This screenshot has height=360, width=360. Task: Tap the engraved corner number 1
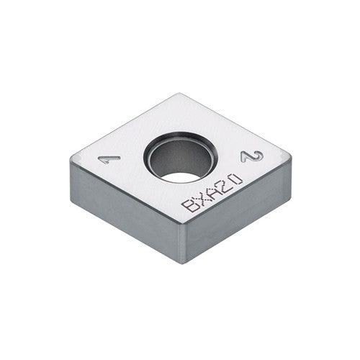pyautogui.click(x=105, y=158)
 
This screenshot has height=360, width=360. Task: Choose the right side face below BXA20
pyautogui.click(x=238, y=216)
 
